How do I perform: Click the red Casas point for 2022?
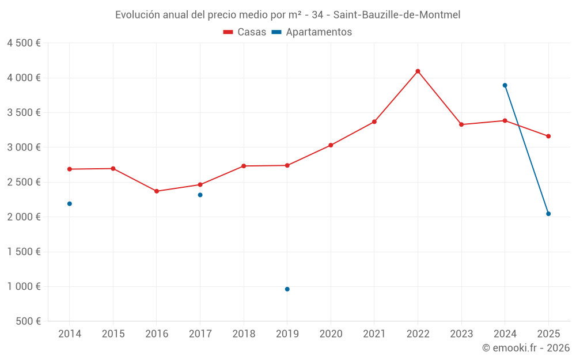point(418,71)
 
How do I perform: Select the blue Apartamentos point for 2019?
point(287,289)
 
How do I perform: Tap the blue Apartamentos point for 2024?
point(505,85)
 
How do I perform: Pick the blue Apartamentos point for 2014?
point(70,204)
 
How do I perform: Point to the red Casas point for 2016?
point(157,191)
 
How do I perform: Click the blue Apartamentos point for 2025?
point(548,214)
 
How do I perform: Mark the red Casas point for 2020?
point(331,145)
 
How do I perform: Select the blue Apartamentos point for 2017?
point(200,195)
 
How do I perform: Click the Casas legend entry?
point(245,32)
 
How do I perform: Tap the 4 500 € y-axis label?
point(24,43)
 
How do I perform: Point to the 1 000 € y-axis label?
point(24,286)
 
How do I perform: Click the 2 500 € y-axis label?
point(24,182)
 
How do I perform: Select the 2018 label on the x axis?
point(244,334)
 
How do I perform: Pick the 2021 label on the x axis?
point(374,334)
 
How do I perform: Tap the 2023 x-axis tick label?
point(461,334)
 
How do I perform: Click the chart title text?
point(287,15)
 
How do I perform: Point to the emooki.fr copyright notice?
point(525,347)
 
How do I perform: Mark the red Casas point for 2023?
point(461,124)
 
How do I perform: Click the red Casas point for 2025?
point(548,136)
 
